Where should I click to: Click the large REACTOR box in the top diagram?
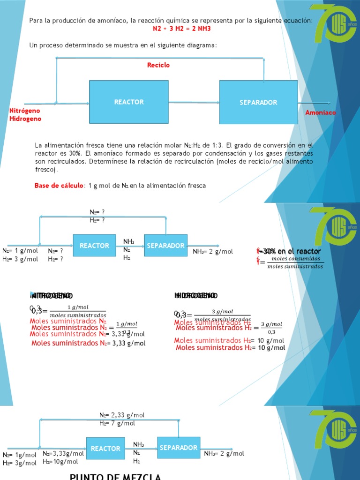(x=129, y=102)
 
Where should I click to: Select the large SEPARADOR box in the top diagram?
(x=258, y=102)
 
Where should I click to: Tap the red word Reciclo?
(x=158, y=65)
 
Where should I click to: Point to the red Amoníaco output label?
(x=321, y=112)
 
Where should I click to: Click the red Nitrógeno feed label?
(x=25, y=111)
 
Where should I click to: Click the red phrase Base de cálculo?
(x=59, y=186)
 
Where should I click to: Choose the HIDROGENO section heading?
(x=195, y=295)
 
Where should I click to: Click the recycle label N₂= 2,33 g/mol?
(x=122, y=415)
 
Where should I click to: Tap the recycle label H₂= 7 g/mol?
(x=117, y=423)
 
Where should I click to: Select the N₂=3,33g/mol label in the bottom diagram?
(x=63, y=453)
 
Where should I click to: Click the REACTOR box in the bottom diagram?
(x=105, y=449)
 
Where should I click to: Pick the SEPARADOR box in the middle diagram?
(x=166, y=246)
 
